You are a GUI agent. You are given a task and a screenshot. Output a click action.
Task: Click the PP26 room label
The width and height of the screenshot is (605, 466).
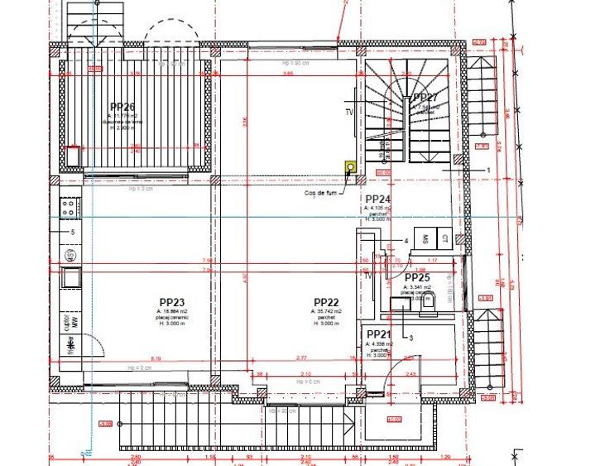point(122,106)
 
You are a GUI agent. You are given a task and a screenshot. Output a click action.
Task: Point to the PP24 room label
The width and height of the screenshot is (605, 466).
point(377,199)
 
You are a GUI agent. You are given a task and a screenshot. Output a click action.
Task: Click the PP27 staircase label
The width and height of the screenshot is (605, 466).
point(425,98)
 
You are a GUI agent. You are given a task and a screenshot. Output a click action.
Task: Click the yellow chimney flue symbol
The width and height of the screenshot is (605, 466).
point(350,166)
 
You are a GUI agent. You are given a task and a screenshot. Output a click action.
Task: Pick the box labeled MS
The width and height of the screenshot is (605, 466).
point(425,238)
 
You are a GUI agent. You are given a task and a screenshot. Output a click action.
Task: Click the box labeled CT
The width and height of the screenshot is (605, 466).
point(444,238)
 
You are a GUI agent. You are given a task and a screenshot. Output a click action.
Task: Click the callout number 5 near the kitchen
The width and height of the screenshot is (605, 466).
point(72,233)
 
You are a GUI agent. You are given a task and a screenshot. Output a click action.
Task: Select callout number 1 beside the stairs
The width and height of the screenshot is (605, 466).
point(489,170)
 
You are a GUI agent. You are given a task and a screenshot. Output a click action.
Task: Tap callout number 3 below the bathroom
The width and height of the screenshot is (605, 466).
point(411,338)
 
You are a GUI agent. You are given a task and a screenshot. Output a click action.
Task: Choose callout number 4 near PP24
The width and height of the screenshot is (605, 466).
point(406,241)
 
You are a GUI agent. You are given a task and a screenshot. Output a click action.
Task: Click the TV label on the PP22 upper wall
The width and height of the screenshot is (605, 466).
point(349,112)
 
